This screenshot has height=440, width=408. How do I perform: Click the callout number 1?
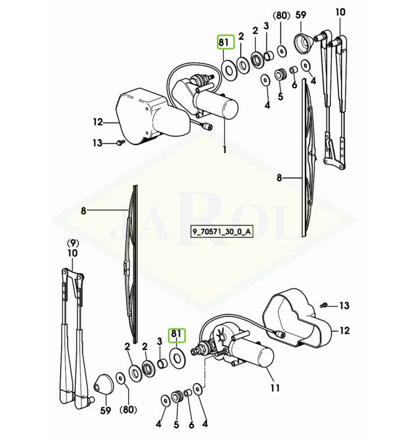click(224, 149)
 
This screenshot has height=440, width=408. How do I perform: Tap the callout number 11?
click(275, 388)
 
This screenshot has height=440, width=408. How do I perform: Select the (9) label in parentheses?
click(73, 242)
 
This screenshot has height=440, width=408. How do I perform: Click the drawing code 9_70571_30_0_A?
click(221, 232)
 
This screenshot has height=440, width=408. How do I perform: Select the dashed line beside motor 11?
click(205, 371)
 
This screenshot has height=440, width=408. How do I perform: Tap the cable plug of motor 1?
click(208, 127)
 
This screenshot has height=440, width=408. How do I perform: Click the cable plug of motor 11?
click(280, 334)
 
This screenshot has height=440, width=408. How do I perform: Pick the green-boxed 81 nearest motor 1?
click(226, 42)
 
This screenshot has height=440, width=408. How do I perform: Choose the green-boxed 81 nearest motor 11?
click(177, 335)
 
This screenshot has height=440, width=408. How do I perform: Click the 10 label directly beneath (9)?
click(73, 253)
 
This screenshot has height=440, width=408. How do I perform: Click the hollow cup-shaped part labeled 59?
click(303, 43)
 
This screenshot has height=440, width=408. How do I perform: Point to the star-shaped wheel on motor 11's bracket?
click(221, 335)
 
